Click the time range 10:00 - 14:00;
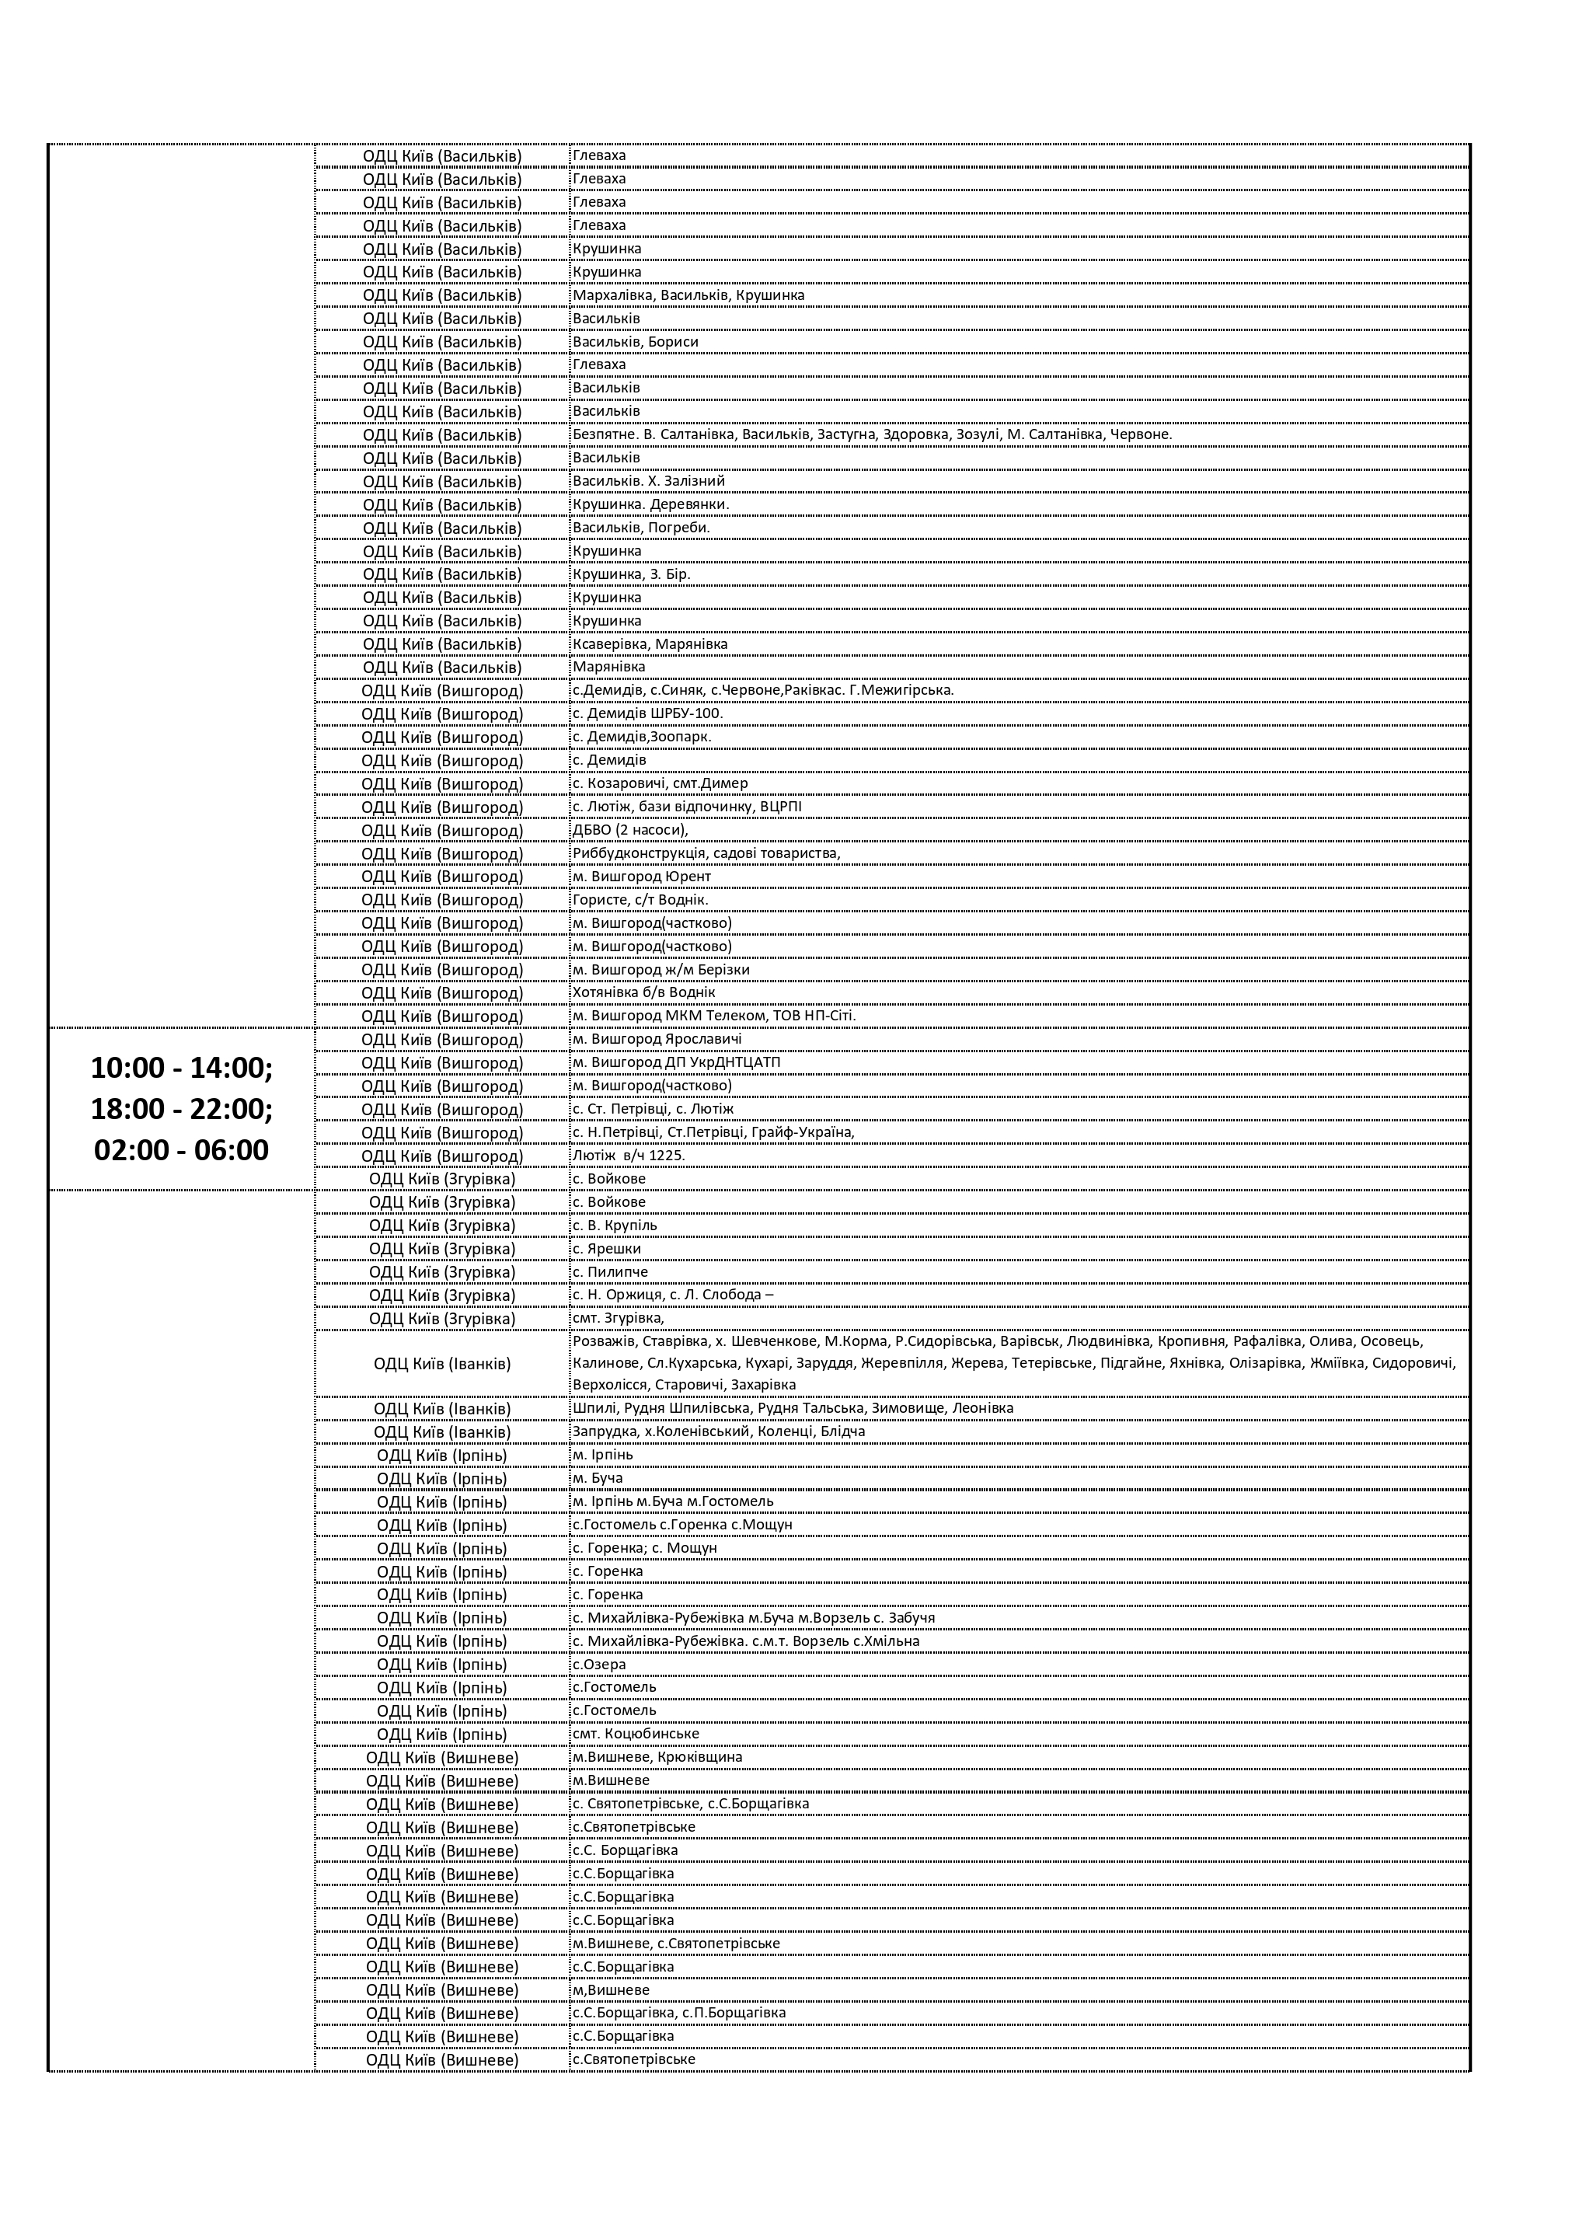(x=182, y=1068)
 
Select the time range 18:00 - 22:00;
(x=182, y=1109)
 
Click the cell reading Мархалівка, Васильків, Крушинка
(x=688, y=295)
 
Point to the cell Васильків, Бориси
(x=635, y=342)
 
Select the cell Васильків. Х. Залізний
(x=648, y=481)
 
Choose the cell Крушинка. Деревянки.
(x=650, y=504)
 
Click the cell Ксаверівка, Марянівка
(x=650, y=643)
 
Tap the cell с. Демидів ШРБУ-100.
(x=647, y=713)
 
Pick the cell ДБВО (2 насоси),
(x=630, y=830)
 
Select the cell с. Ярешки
(x=606, y=1249)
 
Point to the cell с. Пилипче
(x=609, y=1271)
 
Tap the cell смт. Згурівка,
(x=619, y=1318)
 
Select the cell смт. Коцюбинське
(x=635, y=1734)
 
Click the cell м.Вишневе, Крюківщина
(x=657, y=1757)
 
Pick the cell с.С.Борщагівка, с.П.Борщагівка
(x=678, y=2012)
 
